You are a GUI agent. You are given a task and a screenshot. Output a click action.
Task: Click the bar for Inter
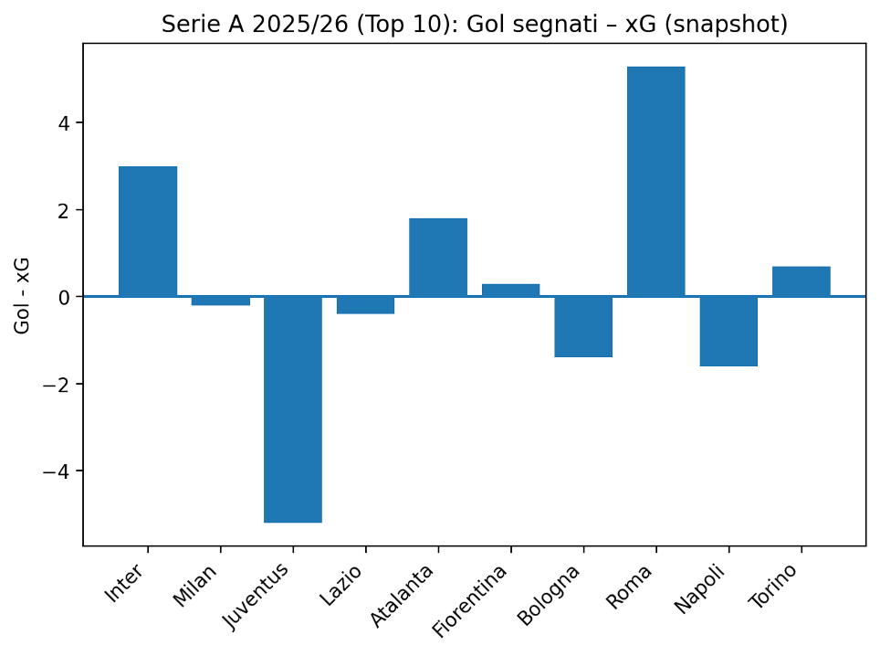point(148,231)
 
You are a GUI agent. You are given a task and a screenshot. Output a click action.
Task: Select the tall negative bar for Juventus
point(293,409)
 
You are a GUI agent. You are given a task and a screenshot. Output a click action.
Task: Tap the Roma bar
point(656,182)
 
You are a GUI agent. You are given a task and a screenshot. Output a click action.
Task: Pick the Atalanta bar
point(438,258)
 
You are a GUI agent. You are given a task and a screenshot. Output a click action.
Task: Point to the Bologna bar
point(583,327)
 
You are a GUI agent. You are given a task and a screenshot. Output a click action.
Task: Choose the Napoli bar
point(728,332)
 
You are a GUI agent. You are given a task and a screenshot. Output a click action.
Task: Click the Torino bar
point(801,281)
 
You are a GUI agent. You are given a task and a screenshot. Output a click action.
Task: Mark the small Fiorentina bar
point(510,291)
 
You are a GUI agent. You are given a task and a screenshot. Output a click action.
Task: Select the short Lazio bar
point(365,305)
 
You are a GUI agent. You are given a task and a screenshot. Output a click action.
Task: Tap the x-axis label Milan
point(194,586)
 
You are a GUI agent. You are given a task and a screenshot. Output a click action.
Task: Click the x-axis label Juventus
point(256,596)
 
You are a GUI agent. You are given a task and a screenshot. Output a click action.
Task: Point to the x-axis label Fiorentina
point(470,601)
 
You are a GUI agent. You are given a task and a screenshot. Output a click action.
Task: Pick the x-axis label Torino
point(773,586)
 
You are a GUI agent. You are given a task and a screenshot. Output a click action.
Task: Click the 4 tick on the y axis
point(64,123)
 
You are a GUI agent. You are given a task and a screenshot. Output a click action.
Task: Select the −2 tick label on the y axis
point(56,384)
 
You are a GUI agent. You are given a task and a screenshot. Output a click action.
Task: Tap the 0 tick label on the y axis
point(64,297)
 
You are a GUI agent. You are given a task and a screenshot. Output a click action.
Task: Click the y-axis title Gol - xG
point(22,296)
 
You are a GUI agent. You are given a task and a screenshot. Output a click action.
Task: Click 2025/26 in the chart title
point(300,25)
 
